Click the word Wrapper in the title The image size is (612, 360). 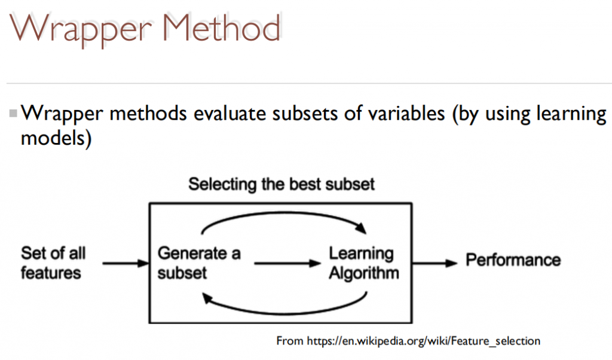tap(81, 29)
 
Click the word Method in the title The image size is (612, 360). tap(221, 28)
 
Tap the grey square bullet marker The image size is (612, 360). tap(13, 114)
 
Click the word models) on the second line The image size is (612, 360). tap(56, 138)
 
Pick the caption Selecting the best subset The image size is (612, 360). tap(281, 184)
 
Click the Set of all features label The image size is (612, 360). tap(53, 263)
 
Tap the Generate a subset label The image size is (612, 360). tap(198, 263)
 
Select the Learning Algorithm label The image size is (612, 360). tap(364, 263)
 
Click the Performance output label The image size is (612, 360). tap(513, 260)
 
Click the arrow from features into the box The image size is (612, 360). tap(126, 263)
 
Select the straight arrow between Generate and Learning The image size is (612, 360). tap(287, 263)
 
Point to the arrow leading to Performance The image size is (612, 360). tap(434, 263)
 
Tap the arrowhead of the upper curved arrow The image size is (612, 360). tap(361, 228)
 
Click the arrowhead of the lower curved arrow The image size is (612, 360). tap(208, 298)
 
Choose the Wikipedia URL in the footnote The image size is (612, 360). tap(424, 341)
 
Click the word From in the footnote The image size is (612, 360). tap(290, 341)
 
